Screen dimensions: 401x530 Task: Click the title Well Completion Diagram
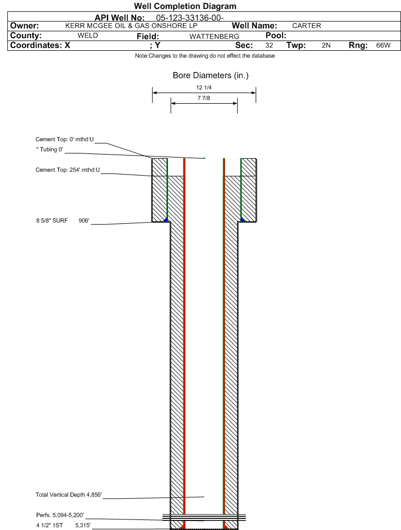coord(185,6)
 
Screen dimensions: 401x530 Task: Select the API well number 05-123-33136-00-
coord(190,18)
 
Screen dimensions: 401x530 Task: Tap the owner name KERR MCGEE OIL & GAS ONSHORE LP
coord(132,26)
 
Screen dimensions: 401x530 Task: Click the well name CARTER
coord(306,26)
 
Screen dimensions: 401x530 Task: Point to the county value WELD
coord(87,35)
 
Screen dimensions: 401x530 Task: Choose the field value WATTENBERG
coord(214,36)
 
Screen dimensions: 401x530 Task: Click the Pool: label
coord(276,35)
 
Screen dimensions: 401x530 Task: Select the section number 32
coord(269,45)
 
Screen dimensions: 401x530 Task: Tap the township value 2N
coord(326,45)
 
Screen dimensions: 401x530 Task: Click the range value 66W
coord(383,45)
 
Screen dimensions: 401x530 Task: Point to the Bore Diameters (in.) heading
coord(211,76)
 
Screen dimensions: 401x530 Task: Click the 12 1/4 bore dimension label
coord(204,88)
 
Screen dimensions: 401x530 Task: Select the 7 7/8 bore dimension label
coord(204,98)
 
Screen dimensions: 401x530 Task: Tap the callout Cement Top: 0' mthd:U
coord(64,139)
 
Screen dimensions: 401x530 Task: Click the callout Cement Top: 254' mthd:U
coord(68,170)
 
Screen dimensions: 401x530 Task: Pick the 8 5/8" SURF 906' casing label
coord(62,221)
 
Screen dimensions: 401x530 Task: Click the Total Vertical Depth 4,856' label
coord(69,495)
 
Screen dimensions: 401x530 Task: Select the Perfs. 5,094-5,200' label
coord(60,515)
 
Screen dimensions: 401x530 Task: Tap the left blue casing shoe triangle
coord(166,220)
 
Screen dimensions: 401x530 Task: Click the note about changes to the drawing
coord(205,56)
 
